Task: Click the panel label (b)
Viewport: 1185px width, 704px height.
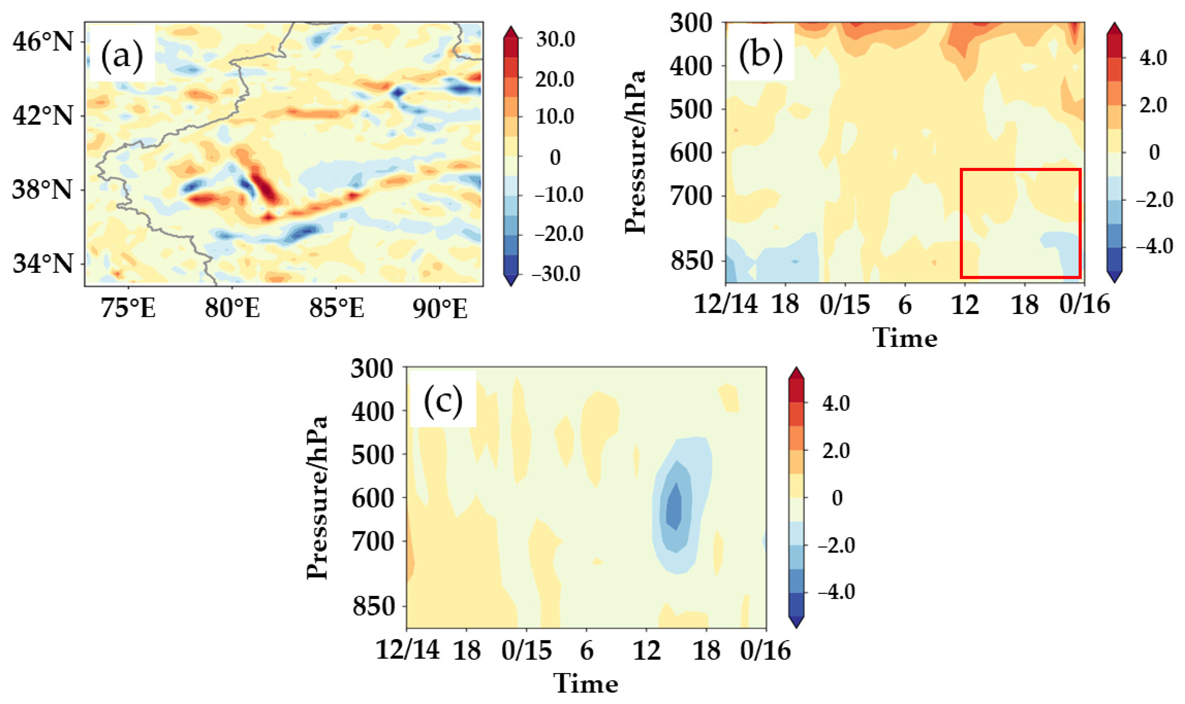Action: tap(760, 54)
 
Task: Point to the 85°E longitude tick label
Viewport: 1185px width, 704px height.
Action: tap(336, 308)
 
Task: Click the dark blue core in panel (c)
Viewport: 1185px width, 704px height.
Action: tap(673, 507)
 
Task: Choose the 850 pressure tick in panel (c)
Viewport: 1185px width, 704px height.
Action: tap(373, 606)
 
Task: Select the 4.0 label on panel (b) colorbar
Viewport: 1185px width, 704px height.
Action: tap(1154, 58)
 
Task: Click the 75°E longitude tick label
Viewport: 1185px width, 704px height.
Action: tap(129, 308)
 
